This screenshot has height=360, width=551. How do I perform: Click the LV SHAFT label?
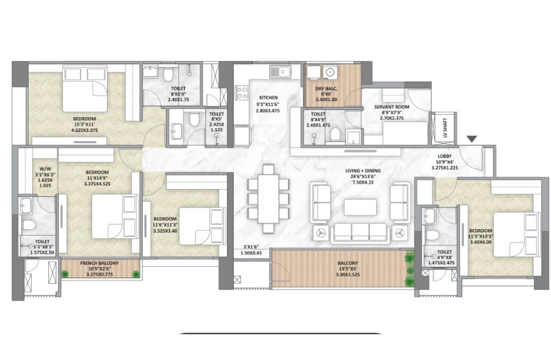tap(445, 128)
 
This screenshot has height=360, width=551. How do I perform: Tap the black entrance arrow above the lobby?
tap(472, 139)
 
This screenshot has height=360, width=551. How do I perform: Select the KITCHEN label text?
tap(268, 97)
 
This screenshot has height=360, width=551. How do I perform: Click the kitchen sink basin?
tap(280, 72)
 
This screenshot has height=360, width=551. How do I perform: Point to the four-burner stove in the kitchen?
tap(242, 93)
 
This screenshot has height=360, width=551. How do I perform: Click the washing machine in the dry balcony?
tap(330, 72)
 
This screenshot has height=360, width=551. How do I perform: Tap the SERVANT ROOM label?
tap(392, 107)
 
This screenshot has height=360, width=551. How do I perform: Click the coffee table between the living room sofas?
tap(360, 207)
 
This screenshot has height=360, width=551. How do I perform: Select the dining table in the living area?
tap(268, 199)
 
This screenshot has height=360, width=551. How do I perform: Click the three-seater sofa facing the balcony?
tap(360, 233)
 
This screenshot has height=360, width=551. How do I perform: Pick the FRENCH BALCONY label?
tap(100, 263)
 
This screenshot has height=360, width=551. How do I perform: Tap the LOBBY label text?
tap(444, 156)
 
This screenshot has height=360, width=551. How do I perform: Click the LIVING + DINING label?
tap(363, 171)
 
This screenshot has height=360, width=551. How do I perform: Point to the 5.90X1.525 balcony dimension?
tap(348, 275)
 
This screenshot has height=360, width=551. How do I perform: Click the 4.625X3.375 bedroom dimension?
tap(84, 130)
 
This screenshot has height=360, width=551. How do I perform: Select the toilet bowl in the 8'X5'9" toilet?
tap(168, 74)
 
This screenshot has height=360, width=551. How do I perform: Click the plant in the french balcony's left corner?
tap(65, 274)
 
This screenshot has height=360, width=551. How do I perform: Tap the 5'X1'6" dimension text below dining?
tap(251, 247)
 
